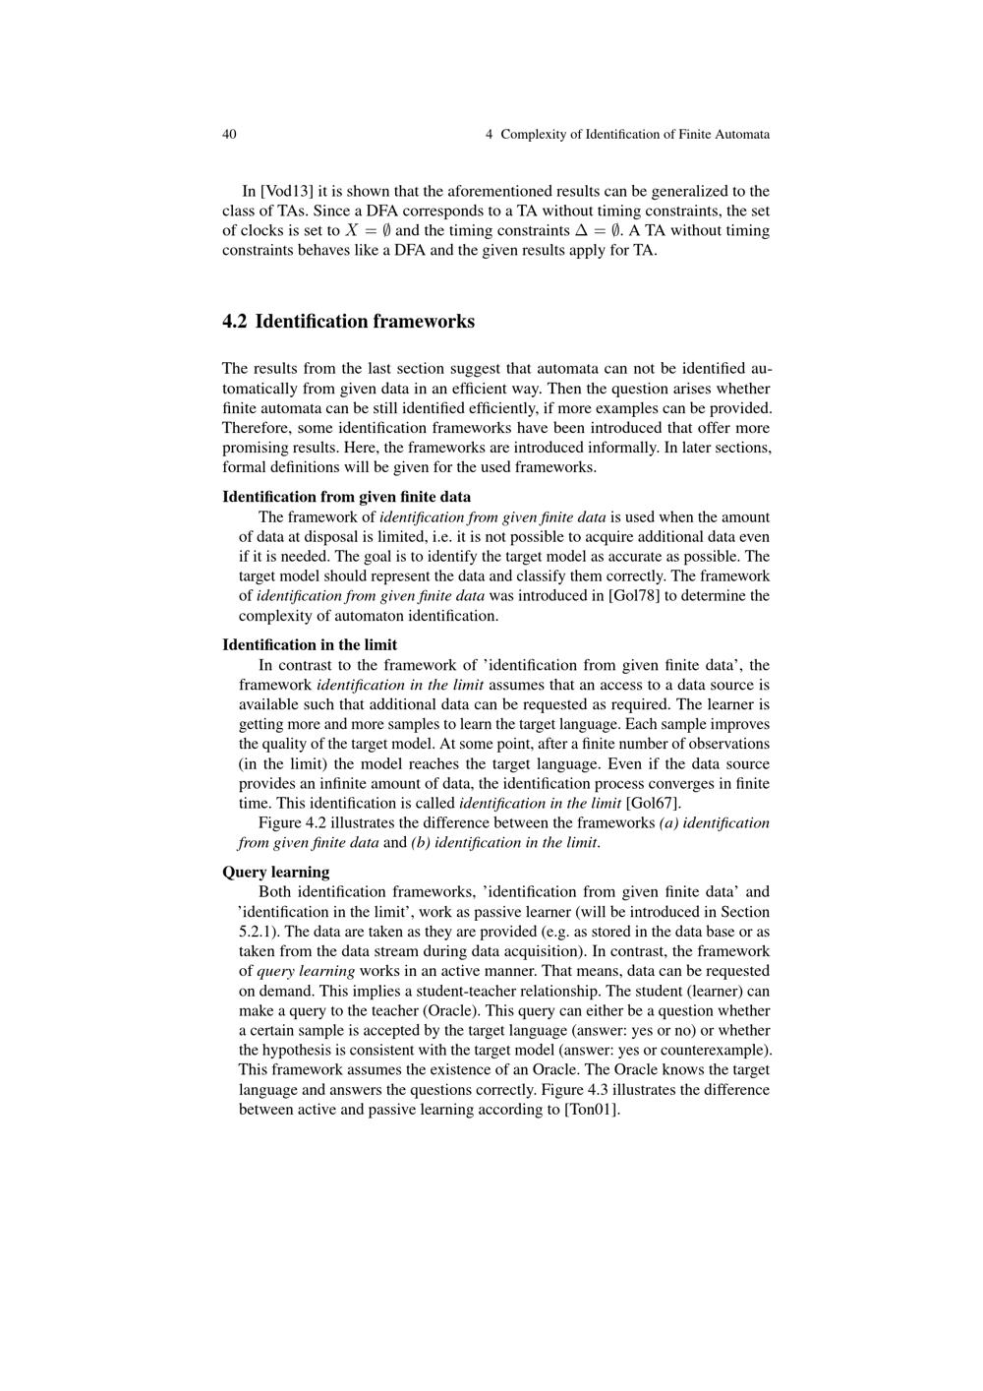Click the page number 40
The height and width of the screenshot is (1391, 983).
[229, 134]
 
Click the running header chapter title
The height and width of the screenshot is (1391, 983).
[627, 134]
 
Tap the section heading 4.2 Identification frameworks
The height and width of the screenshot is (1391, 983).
[348, 322]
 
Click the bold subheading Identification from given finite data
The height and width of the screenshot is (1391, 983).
[346, 497]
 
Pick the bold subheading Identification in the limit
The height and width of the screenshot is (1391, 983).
[310, 645]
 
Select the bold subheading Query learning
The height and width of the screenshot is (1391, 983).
[275, 872]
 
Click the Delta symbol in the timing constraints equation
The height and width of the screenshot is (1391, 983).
[581, 231]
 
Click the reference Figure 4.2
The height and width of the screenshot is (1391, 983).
[294, 822]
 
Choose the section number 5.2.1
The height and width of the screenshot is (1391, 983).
[259, 932]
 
